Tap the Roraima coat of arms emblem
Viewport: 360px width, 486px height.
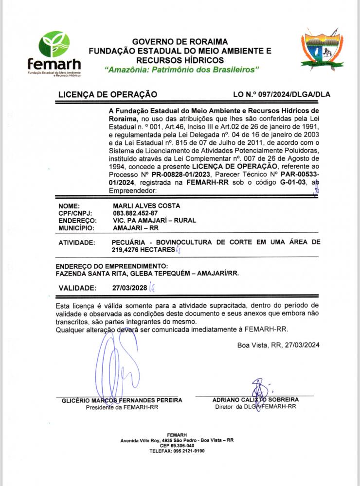[x=321, y=50]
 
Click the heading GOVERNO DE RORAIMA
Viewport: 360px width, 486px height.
[x=180, y=42]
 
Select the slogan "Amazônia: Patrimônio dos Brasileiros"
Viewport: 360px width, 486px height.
[x=182, y=70]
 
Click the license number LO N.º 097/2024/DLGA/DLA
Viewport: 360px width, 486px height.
[x=282, y=94]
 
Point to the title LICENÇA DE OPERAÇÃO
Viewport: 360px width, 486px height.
[x=107, y=94]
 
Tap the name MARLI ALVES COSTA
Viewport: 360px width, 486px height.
[x=145, y=206]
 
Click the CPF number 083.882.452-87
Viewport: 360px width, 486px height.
[x=135, y=213]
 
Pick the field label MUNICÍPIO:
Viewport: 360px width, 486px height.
[x=76, y=227]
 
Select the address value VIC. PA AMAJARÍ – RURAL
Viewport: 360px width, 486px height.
[x=154, y=220]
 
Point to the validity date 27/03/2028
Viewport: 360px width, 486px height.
[x=129, y=288]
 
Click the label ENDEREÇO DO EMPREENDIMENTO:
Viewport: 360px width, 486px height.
[x=111, y=266]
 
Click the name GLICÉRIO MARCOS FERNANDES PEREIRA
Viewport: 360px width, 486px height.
[x=122, y=400]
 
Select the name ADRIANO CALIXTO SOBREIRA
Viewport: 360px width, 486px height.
[x=255, y=399]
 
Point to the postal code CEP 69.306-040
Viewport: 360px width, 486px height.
[x=177, y=445]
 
